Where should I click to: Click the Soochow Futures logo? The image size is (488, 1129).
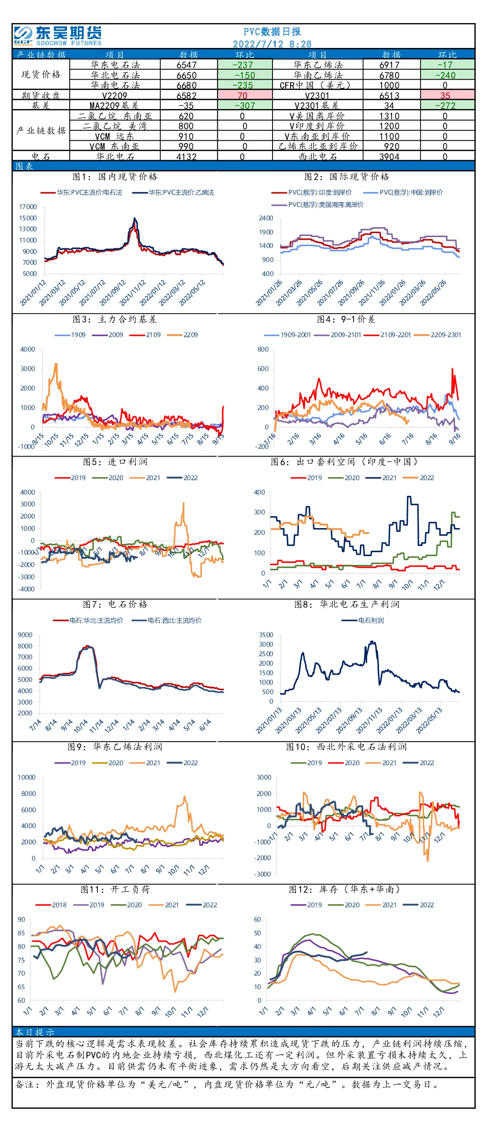58,36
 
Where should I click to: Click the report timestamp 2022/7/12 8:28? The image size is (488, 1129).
272,44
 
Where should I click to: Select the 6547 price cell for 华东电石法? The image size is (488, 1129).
187,65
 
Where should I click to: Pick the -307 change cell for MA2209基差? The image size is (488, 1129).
244,106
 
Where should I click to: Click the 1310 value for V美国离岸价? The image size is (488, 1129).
389,116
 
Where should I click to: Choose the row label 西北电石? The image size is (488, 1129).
318,157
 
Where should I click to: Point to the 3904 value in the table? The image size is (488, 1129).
389,157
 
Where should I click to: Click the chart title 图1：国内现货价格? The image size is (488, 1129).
115,176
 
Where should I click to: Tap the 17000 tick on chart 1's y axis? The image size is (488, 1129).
28,207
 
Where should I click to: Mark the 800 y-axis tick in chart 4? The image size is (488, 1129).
263,349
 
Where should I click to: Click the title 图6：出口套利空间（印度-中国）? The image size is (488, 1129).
344,462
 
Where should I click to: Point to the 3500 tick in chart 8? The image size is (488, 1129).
266,635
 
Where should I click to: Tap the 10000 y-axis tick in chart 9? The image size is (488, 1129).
26,777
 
